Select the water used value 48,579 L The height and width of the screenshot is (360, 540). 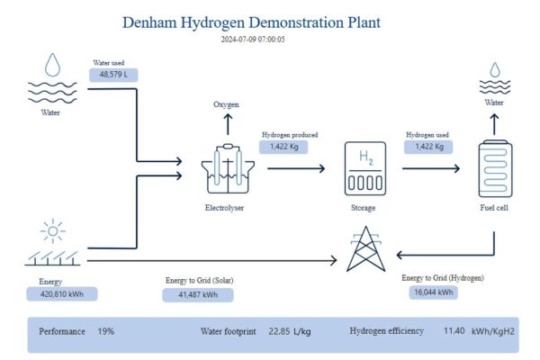click(x=114, y=76)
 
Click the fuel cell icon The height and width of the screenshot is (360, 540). click(x=495, y=168)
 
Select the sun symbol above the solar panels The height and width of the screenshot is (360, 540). click(x=52, y=231)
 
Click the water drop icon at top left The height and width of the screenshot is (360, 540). click(x=53, y=63)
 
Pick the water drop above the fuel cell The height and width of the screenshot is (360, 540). click(x=494, y=69)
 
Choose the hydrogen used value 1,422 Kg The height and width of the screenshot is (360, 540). click(x=428, y=146)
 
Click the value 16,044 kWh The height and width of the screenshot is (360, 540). click(x=435, y=292)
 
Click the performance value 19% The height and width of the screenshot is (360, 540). click(x=105, y=331)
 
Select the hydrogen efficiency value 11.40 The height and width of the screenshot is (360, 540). click(x=454, y=331)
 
